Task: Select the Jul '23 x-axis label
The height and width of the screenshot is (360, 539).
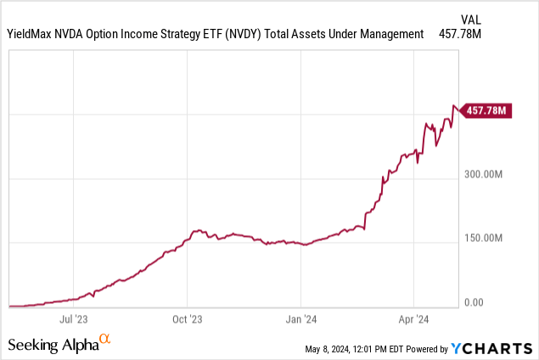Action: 75,322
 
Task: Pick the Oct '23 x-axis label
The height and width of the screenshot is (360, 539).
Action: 188,322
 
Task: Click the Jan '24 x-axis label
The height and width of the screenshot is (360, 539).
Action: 301,322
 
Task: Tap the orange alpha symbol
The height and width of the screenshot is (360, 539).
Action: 105,340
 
